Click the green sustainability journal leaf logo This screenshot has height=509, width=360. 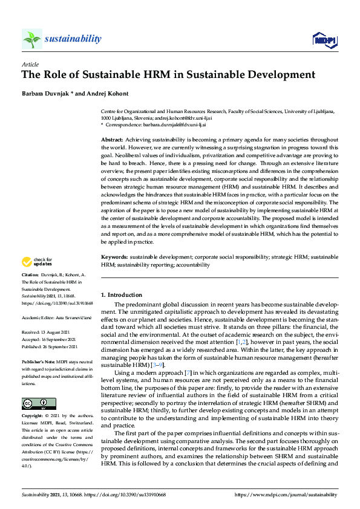[31, 39]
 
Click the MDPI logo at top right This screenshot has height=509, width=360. [325, 40]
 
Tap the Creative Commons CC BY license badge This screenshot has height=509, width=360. [35, 404]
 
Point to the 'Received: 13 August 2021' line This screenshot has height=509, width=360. [48, 332]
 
